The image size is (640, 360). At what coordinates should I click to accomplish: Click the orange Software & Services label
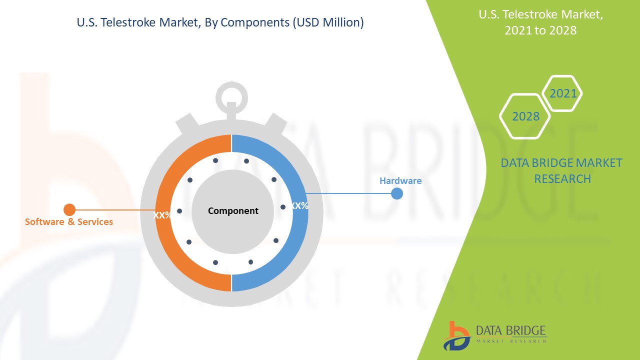(69, 221)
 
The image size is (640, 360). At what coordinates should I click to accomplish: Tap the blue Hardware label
(400, 180)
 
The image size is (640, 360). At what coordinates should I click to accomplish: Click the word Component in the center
(233, 211)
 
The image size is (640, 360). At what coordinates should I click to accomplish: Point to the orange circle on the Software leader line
(69, 209)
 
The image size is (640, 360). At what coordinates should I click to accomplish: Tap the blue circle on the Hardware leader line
(397, 193)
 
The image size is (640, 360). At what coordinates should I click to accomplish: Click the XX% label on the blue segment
(299, 205)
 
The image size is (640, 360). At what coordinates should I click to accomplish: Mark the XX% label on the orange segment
(162, 215)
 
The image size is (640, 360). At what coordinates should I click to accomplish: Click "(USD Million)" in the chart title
(328, 22)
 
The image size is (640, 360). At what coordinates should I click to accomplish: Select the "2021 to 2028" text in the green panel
(540, 30)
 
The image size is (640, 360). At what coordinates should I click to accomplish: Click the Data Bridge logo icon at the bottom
(457, 336)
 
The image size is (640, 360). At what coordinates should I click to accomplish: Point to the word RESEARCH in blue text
(562, 179)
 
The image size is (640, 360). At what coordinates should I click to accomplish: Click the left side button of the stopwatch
(187, 123)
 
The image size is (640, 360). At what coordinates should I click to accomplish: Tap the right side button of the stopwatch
(275, 123)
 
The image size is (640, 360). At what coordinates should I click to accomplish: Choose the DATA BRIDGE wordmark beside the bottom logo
(511, 330)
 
